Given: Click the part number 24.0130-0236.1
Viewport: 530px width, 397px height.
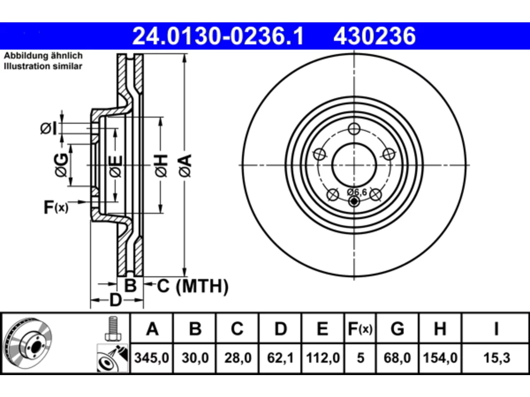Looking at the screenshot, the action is (218, 36).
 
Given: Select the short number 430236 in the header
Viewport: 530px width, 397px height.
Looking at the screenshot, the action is (374, 36).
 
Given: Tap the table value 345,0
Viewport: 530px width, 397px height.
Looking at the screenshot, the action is (152, 358).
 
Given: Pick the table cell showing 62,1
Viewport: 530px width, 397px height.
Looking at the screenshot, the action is (280, 358).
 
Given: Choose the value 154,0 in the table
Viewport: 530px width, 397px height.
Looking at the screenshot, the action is (440, 358).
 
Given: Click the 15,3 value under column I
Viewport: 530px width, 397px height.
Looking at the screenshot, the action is (497, 358).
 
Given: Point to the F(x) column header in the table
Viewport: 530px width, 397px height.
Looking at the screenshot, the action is (360, 328).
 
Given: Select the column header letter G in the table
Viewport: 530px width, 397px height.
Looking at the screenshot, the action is (397, 328).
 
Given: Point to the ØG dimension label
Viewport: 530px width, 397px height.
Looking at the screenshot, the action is (61, 165).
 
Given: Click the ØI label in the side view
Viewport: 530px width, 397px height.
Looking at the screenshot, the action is (48, 128).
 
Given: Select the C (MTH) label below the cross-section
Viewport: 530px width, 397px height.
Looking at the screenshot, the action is (193, 286).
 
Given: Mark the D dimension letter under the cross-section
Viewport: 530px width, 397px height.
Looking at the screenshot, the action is (116, 300).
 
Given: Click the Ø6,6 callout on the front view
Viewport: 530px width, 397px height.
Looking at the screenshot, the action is (357, 192).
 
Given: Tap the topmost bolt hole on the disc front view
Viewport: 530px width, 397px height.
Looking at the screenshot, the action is (354, 129).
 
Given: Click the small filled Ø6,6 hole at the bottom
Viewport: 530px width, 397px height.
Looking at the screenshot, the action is (354, 201).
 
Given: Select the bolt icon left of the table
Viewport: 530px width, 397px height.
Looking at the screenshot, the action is (113, 328).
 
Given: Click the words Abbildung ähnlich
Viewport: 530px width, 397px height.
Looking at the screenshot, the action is (43, 56).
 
